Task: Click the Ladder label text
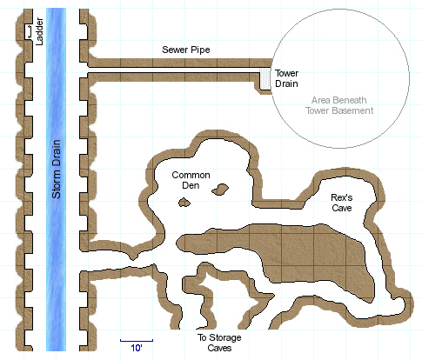click(39, 31)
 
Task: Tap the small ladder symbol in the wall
click(29, 31)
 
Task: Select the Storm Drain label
click(57, 170)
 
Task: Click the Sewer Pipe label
click(186, 50)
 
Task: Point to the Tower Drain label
click(286, 78)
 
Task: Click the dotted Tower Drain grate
click(265, 79)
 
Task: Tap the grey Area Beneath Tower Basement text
click(339, 105)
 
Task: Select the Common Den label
click(191, 180)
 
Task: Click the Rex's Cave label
click(342, 203)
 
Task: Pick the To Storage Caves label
click(219, 343)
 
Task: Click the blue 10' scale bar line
click(137, 341)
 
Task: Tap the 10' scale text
click(137, 348)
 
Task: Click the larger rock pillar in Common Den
click(220, 189)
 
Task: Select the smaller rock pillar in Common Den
click(184, 203)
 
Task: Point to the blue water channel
click(56, 180)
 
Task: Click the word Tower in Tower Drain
click(286, 73)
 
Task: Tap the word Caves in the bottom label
click(219, 348)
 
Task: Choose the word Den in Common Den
click(191, 185)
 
